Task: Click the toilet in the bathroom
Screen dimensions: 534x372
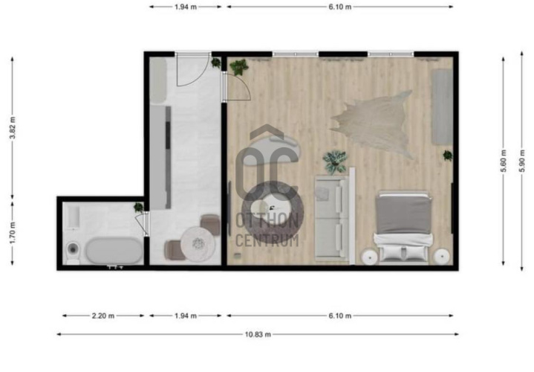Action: tap(73, 252)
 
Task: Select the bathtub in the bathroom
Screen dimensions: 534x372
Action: tap(114, 251)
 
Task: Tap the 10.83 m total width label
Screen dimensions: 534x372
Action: tap(258, 335)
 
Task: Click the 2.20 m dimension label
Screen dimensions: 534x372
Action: tap(102, 316)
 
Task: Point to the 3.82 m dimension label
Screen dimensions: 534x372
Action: tap(13, 128)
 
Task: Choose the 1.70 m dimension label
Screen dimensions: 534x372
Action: tap(13, 233)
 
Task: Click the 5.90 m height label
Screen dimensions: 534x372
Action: tap(522, 161)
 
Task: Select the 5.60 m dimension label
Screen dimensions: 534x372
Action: tap(504, 161)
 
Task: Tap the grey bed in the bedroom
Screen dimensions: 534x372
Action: tap(403, 228)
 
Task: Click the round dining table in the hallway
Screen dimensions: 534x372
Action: tap(198, 244)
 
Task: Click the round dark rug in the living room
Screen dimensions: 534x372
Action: tap(272, 212)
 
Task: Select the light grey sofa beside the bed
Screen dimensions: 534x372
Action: tap(335, 216)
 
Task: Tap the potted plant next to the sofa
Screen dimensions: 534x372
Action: tap(335, 161)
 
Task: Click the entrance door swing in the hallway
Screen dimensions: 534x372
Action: tap(192, 70)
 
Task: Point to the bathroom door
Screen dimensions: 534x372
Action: tap(143, 224)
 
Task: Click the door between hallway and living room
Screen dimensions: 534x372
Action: tap(237, 87)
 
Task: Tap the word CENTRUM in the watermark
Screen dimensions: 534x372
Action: tap(267, 240)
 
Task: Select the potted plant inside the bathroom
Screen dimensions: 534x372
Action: tap(139, 207)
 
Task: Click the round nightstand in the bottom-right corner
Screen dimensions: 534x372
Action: tap(442, 256)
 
